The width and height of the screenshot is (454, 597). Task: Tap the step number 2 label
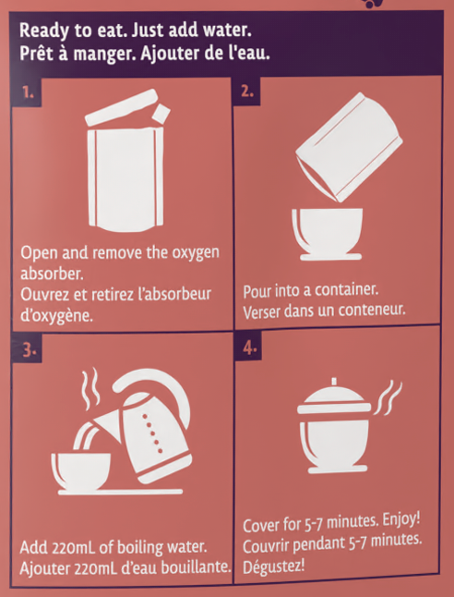point(247,91)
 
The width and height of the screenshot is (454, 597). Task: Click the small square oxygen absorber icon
point(162,113)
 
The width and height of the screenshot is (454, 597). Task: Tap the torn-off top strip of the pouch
point(122,107)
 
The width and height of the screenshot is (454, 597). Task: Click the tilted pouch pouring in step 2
point(349,147)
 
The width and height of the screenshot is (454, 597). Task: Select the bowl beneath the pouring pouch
point(328,234)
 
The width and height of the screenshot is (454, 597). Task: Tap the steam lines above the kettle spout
point(91,389)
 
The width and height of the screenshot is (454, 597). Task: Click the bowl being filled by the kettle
point(81,471)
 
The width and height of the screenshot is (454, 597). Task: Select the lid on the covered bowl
point(334,400)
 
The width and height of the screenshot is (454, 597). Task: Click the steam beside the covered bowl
point(388,398)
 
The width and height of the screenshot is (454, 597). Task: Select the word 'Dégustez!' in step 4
point(274,567)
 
